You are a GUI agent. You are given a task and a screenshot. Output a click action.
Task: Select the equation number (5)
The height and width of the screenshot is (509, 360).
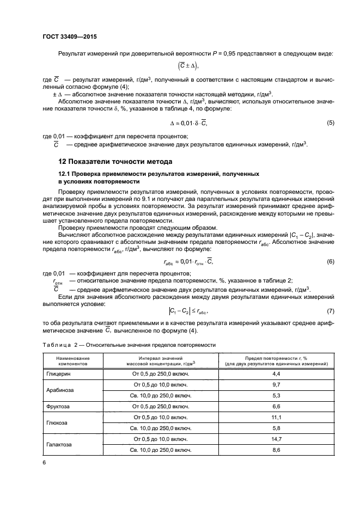330,123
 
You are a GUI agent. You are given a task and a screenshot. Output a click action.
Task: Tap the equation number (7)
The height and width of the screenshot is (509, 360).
330,310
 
